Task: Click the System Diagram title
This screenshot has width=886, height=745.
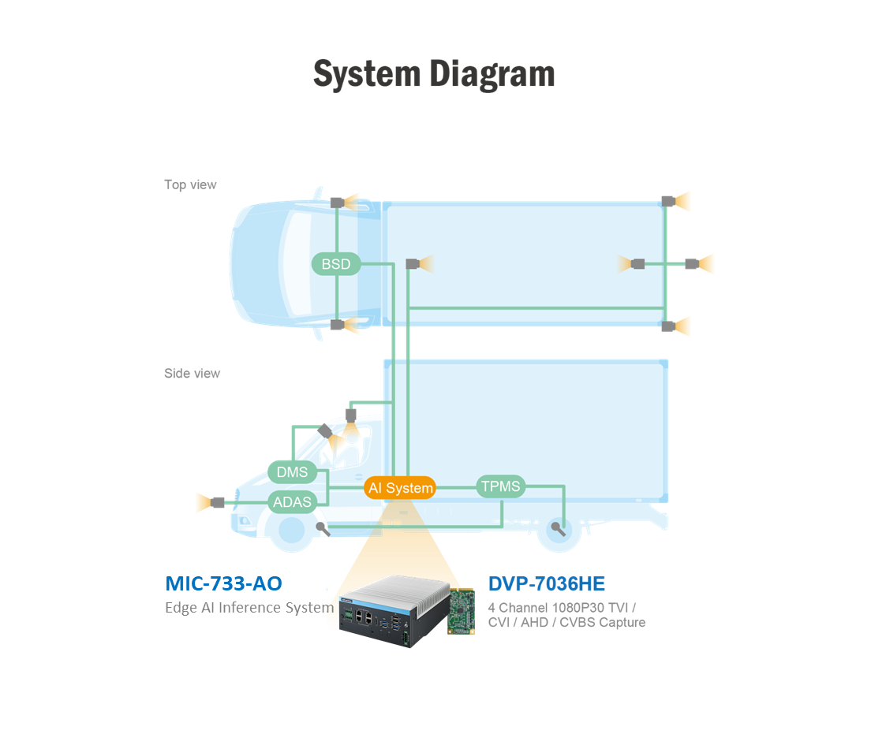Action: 434,74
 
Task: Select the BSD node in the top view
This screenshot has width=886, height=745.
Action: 336,264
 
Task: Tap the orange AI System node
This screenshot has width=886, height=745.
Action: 400,488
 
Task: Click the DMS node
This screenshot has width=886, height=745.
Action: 292,472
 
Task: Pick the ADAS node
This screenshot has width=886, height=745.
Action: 292,501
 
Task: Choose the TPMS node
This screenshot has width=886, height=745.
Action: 501,486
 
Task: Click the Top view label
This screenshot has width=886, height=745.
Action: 190,184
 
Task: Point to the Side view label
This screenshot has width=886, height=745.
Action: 192,374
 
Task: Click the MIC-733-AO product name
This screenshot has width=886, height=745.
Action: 223,583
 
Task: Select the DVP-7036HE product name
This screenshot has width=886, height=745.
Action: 547,584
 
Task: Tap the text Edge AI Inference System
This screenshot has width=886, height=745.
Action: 249,608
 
